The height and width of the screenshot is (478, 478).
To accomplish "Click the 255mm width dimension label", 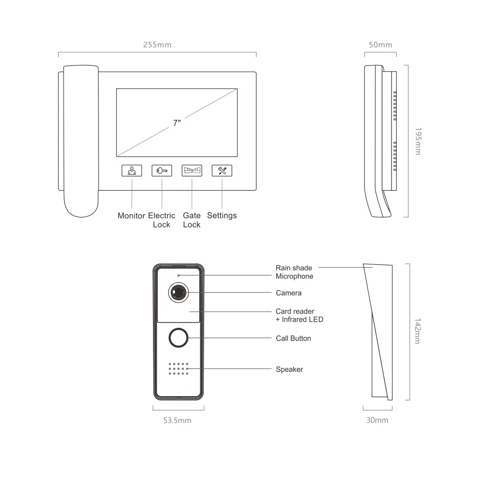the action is (x=157, y=45).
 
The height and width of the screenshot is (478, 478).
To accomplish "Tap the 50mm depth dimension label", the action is (x=380, y=45).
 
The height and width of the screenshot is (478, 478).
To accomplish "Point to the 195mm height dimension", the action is (x=418, y=141).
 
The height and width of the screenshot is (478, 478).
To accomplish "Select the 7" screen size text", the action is (x=177, y=122).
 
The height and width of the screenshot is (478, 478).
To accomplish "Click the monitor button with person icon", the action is (x=132, y=171).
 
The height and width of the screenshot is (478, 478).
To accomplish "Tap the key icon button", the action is (x=162, y=171).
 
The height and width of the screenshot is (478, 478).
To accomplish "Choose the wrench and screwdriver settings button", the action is (x=222, y=171).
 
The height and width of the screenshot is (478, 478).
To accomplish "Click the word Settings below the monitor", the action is (x=222, y=216).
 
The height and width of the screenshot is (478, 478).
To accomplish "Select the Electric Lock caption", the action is (x=162, y=220).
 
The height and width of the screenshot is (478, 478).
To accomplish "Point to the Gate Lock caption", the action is (x=192, y=220).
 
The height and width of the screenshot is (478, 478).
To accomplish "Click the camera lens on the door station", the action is (x=179, y=293).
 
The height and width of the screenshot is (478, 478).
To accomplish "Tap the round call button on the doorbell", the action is (x=179, y=338).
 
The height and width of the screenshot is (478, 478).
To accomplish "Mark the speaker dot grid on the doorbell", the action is (x=179, y=369).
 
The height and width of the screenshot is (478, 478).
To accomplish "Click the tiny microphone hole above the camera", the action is (x=179, y=275).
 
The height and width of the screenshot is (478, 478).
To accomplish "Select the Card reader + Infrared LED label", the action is (x=299, y=315).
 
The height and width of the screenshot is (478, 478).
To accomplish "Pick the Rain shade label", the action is (x=294, y=268).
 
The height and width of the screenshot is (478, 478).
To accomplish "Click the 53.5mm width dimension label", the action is (x=177, y=420).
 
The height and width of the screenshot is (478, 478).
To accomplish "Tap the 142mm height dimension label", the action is (x=418, y=331).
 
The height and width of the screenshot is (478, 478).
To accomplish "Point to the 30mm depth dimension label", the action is (x=378, y=420).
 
